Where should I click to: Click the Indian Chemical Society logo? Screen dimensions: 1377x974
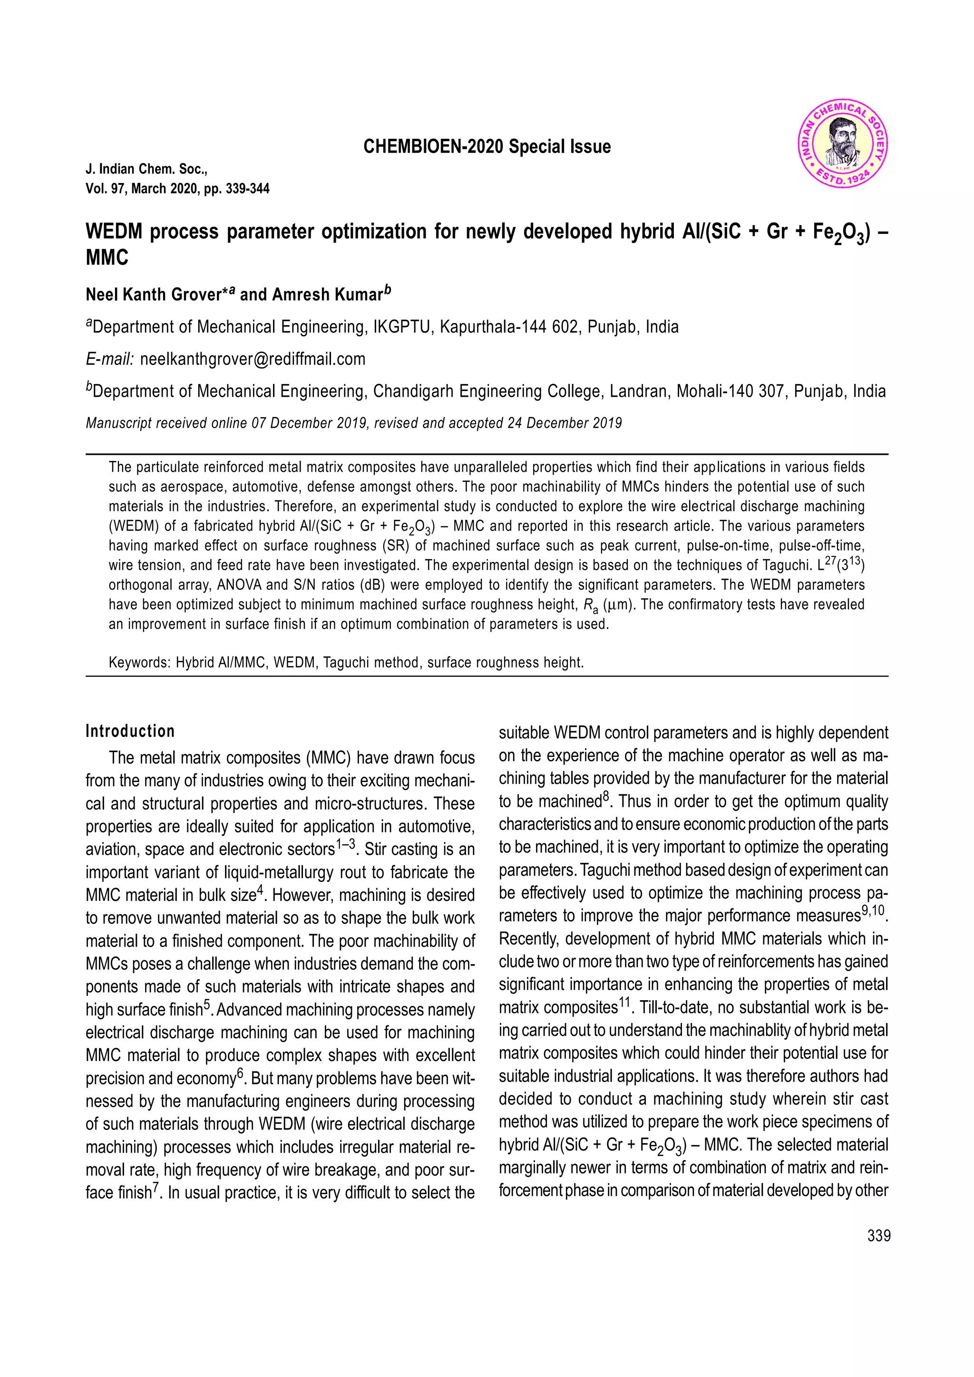pyautogui.click(x=843, y=144)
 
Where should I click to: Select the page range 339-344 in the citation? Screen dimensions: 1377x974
pyautogui.click(x=247, y=189)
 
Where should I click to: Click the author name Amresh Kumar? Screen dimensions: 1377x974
pyautogui.click(x=327, y=295)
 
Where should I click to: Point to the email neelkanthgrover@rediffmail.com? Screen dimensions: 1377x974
pyautogui.click(x=252, y=359)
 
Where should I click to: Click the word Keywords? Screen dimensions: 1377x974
pyautogui.click(x=138, y=663)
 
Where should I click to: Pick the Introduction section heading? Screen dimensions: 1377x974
pyautogui.click(x=130, y=731)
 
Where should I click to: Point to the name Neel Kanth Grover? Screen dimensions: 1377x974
pyautogui.click(x=153, y=295)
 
